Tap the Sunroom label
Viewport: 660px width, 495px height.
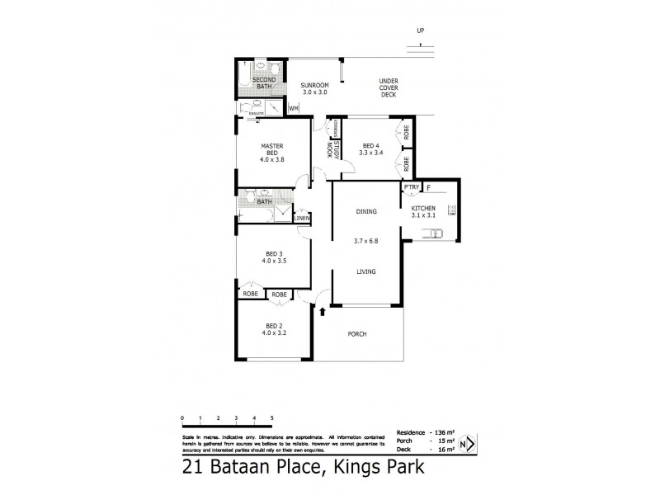[314, 88]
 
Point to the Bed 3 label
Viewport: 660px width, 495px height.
[274, 257]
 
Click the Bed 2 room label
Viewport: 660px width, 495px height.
[274, 328]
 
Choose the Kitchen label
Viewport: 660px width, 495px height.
[429, 211]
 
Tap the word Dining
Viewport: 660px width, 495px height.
[366, 212]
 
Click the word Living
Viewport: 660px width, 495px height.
[366, 271]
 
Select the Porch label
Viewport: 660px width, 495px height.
[357, 334]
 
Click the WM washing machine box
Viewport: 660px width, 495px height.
[294, 108]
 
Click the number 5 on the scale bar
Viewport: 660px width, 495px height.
[272, 420]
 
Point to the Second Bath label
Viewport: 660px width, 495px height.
[264, 82]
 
